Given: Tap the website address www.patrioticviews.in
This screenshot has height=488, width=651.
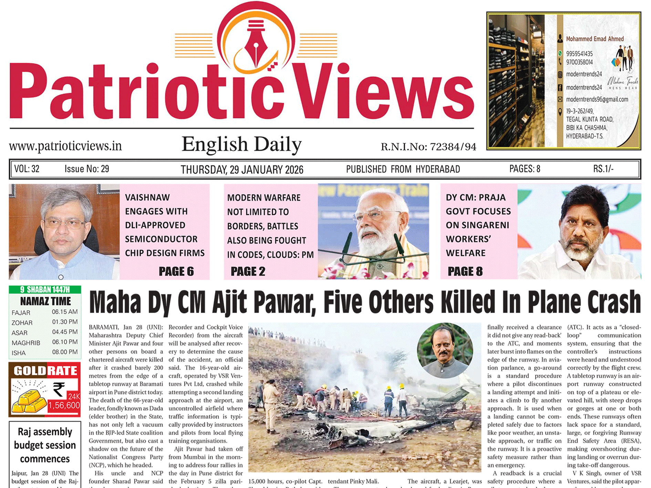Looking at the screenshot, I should coord(65,146).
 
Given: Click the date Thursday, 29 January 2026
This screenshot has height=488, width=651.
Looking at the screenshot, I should coord(242,169).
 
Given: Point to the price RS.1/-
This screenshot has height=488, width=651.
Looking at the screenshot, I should coord(603,169).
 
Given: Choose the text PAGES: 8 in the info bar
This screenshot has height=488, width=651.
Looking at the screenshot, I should coord(525,169).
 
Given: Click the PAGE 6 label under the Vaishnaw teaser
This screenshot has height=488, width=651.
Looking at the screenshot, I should coord(176,271).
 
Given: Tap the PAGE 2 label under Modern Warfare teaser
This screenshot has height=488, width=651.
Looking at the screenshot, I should coord(248,271).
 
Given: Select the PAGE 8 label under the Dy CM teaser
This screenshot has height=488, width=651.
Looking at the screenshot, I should coord(465,271).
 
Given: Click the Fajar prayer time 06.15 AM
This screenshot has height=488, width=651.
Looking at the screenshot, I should coord(65,312).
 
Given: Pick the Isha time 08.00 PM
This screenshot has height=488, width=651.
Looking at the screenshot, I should coord(65,352).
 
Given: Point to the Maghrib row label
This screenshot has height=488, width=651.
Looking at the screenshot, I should coord(26,343).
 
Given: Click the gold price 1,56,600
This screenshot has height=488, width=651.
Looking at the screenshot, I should coord(64,405).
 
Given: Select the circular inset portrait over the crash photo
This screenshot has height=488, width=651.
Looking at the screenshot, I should coord(445,350).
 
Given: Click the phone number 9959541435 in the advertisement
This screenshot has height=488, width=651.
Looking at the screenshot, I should coord(579,54).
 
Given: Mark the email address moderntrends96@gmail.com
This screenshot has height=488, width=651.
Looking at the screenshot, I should coord(597,100).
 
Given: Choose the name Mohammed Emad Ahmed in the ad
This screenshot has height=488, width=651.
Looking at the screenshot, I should coord(595,39).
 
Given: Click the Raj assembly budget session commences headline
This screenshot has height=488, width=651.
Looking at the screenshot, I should coord(45,445).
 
